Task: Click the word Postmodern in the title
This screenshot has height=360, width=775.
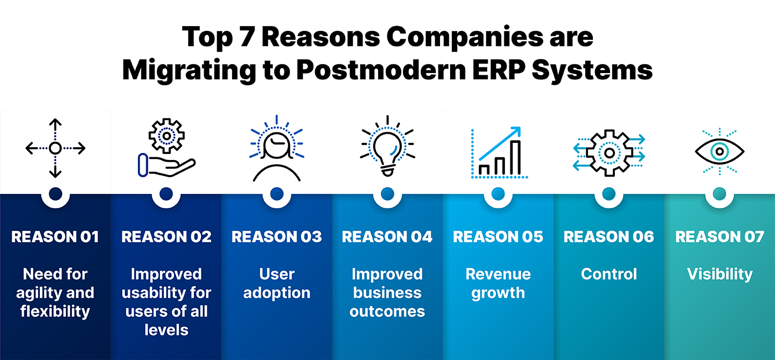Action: [381, 70]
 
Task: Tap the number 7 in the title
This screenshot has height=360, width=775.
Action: [247, 37]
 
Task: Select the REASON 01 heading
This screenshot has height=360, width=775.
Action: [55, 237]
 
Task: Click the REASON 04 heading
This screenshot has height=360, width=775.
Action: [387, 237]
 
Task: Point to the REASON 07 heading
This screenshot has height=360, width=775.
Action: [720, 237]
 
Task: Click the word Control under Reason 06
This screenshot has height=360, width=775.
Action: [609, 274]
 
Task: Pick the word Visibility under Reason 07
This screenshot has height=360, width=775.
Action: [720, 275]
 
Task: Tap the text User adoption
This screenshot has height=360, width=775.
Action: [277, 284]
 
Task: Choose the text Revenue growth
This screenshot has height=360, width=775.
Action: [498, 284]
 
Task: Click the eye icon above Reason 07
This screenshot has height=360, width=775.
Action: [720, 151]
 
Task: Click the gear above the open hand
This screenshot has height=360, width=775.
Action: [167, 136]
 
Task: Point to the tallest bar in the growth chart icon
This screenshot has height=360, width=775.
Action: [516, 157]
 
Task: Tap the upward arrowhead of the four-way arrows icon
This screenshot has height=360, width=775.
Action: [55, 122]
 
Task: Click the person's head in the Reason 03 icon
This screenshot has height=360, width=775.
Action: [277, 145]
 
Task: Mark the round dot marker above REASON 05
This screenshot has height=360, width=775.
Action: [498, 194]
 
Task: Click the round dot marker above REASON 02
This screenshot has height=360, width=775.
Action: [166, 194]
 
